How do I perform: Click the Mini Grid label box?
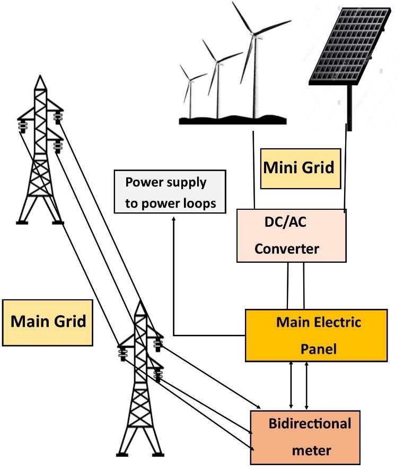(300, 168)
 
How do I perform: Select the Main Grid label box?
(48, 322)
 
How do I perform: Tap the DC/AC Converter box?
(291, 235)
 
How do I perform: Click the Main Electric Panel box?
(316, 335)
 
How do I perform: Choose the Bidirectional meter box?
(305, 437)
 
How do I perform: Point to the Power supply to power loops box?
(170, 192)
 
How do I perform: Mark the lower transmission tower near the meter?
(140, 381)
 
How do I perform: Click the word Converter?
(287, 248)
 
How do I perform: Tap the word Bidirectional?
(310, 424)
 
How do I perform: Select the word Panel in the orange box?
(318, 349)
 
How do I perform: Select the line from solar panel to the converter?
(346, 170)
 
